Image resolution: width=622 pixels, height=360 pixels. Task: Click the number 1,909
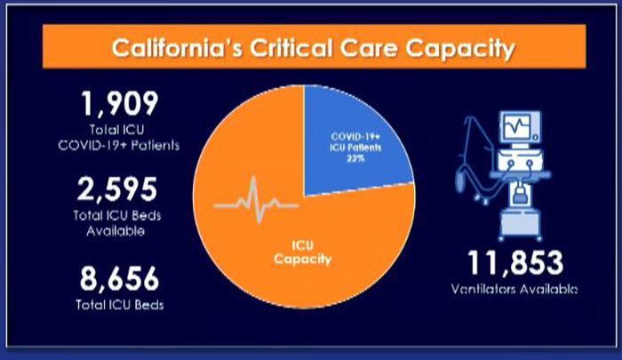(x=120, y=104)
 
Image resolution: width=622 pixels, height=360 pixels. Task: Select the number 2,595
(x=117, y=189)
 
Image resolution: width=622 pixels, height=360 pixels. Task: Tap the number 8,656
(x=119, y=279)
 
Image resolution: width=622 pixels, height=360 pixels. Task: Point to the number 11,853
(x=515, y=263)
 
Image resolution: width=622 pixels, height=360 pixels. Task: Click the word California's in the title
(x=177, y=48)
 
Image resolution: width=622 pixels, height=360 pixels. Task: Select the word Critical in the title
(x=291, y=48)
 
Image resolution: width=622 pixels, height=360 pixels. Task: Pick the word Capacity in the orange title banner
(x=460, y=49)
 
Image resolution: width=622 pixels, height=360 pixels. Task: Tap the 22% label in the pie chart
(x=355, y=158)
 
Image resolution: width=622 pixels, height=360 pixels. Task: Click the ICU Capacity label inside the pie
(x=303, y=252)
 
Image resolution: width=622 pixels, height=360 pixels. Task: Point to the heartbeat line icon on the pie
(x=256, y=199)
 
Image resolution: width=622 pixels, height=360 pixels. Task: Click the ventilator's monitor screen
(x=517, y=126)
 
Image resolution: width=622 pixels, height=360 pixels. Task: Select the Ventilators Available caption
(x=514, y=290)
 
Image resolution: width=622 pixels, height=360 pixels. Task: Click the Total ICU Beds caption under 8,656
(x=120, y=305)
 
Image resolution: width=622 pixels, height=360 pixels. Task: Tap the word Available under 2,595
(x=116, y=231)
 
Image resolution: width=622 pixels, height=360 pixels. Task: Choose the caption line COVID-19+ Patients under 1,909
(x=119, y=145)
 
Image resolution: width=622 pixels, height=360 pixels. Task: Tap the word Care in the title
(x=369, y=48)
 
